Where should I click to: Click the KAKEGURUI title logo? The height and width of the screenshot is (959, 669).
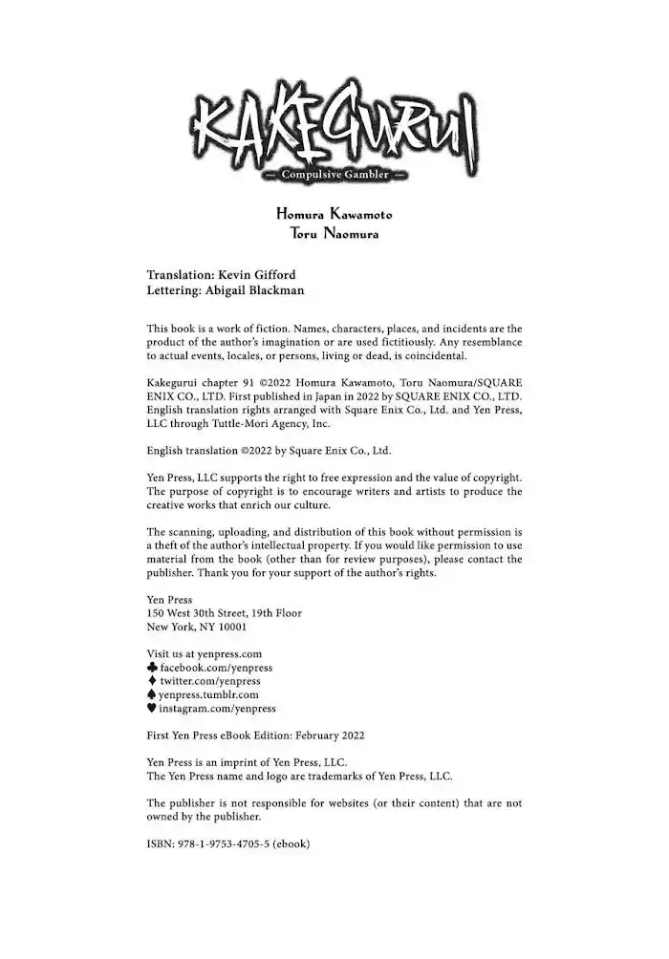coord(334,139)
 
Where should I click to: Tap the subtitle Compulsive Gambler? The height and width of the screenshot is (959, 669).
coord(334,175)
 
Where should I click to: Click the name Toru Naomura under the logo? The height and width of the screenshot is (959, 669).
coord(334,234)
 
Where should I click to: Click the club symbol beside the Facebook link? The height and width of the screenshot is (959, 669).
coord(152,668)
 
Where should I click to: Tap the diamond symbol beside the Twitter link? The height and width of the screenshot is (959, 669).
coord(152,681)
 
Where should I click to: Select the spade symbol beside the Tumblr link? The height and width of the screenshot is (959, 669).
coord(152,695)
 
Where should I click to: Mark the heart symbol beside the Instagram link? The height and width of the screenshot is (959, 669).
coord(152,709)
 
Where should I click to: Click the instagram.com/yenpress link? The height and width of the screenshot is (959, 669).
coord(218,709)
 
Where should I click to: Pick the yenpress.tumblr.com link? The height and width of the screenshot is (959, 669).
coord(209,695)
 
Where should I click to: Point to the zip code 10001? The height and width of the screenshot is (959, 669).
coord(231,627)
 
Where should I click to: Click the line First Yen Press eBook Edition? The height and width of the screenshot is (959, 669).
coord(254,735)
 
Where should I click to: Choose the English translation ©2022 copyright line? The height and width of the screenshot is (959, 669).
coord(269,451)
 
